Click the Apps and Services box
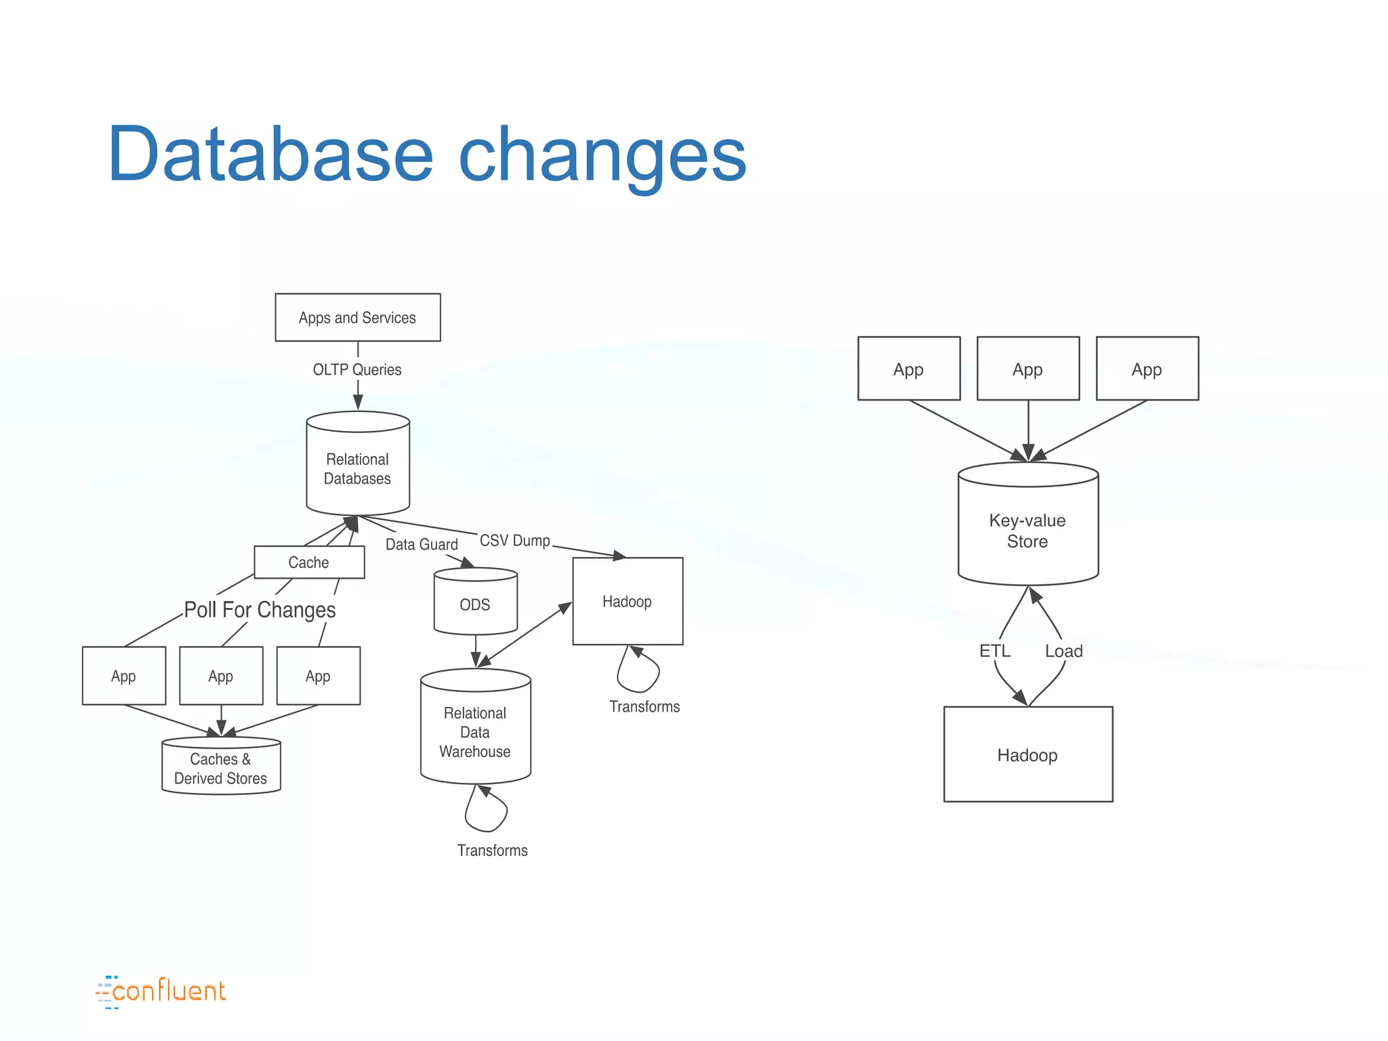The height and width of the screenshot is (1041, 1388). pos(357,317)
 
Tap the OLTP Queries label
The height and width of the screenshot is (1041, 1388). pos(356,369)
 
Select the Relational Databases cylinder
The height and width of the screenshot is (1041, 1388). pos(357,468)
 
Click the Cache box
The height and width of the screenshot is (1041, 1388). pos(309,563)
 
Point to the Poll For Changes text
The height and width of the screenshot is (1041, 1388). pos(260,610)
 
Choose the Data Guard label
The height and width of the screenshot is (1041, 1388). pos(422,544)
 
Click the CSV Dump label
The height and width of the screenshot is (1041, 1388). pos(514,540)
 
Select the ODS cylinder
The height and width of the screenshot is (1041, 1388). pos(475,604)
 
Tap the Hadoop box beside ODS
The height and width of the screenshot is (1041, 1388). pos(627,601)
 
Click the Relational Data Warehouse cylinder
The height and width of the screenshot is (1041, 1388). pos(475,732)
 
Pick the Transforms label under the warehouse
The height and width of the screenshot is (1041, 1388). pos(492,850)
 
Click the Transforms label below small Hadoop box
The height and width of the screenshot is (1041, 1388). pos(644,706)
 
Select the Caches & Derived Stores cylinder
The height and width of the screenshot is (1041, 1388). pos(221,768)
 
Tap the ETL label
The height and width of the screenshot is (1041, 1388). pos(994,651)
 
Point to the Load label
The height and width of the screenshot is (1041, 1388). pos(1063,651)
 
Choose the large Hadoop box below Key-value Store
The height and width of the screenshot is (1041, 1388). pos(1027,754)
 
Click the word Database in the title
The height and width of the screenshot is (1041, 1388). pos(270,155)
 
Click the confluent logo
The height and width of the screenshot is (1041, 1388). pos(161,992)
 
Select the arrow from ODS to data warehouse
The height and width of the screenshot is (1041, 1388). pos(476,651)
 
